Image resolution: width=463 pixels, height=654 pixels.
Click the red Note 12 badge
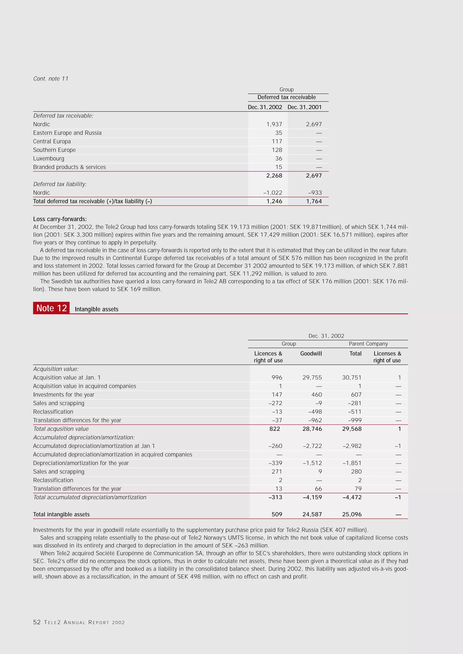point(51,308)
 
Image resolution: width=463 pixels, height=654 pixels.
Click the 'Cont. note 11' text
point(51,79)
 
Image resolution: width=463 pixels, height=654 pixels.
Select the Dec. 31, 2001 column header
point(304,107)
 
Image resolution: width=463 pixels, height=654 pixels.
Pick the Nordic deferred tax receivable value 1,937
point(274,124)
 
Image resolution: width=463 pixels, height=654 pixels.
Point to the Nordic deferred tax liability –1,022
point(273,192)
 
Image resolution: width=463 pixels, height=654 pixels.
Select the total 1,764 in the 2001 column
point(314,201)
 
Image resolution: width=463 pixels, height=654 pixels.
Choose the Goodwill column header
point(311,354)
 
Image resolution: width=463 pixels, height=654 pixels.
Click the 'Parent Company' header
point(368,344)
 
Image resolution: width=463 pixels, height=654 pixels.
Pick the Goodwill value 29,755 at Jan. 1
point(312,377)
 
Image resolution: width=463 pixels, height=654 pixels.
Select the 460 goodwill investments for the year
point(317,394)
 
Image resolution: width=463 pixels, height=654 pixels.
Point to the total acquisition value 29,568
point(352,429)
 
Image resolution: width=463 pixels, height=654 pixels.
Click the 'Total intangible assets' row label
point(61,514)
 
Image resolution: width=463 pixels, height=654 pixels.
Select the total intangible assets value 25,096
point(352,514)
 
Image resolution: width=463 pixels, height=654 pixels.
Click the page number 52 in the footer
point(37,622)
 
